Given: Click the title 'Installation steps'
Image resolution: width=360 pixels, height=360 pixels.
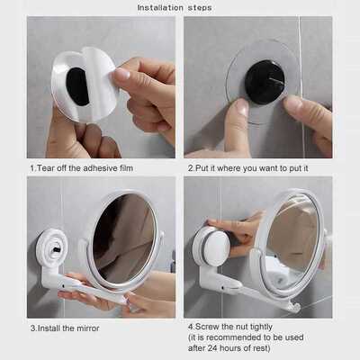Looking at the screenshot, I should [179, 7].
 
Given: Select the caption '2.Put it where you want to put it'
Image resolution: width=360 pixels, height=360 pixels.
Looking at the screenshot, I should [247, 167].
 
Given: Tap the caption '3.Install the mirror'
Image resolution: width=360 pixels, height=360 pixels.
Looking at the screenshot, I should [64, 328].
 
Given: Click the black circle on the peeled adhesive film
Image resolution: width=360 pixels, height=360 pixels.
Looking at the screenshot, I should [78, 85].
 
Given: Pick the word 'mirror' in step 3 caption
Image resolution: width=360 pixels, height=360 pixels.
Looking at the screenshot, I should [86, 328].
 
